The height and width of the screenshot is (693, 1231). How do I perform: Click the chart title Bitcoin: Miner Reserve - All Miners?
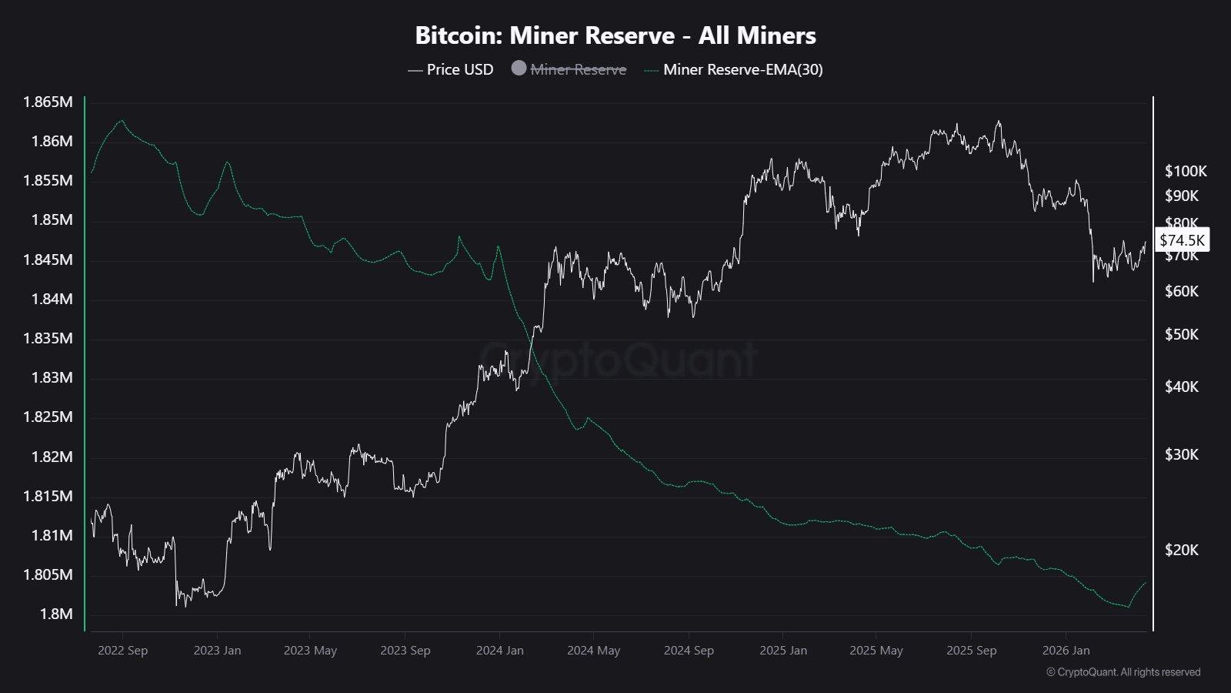click(x=615, y=35)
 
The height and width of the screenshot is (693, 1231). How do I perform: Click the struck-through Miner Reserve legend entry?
click(x=578, y=69)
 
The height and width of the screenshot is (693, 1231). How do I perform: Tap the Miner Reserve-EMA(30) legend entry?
click(x=742, y=69)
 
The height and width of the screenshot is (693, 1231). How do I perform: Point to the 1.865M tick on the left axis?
click(x=48, y=102)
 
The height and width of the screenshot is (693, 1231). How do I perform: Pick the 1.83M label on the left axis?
click(x=52, y=377)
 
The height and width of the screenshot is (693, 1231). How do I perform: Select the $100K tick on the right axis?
click(x=1186, y=171)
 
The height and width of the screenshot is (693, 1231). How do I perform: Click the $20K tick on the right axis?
click(x=1181, y=550)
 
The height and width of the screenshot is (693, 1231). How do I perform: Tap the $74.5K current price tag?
click(x=1182, y=239)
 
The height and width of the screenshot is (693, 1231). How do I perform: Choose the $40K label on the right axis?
click(x=1181, y=387)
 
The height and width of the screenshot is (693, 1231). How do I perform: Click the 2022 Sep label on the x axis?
click(x=122, y=651)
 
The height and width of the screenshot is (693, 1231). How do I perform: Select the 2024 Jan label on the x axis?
click(x=499, y=651)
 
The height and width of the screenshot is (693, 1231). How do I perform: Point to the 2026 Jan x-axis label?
click(x=1066, y=651)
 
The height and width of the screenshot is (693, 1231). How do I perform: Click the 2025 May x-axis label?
click(x=876, y=651)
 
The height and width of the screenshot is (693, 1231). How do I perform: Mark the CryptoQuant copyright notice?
click(x=1123, y=672)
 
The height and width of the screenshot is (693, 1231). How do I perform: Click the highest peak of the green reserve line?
click(x=121, y=120)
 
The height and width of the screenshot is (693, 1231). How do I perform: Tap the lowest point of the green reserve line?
click(x=1129, y=607)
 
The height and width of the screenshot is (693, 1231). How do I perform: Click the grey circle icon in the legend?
click(x=519, y=69)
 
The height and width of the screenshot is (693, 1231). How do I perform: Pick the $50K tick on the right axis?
click(x=1181, y=334)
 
